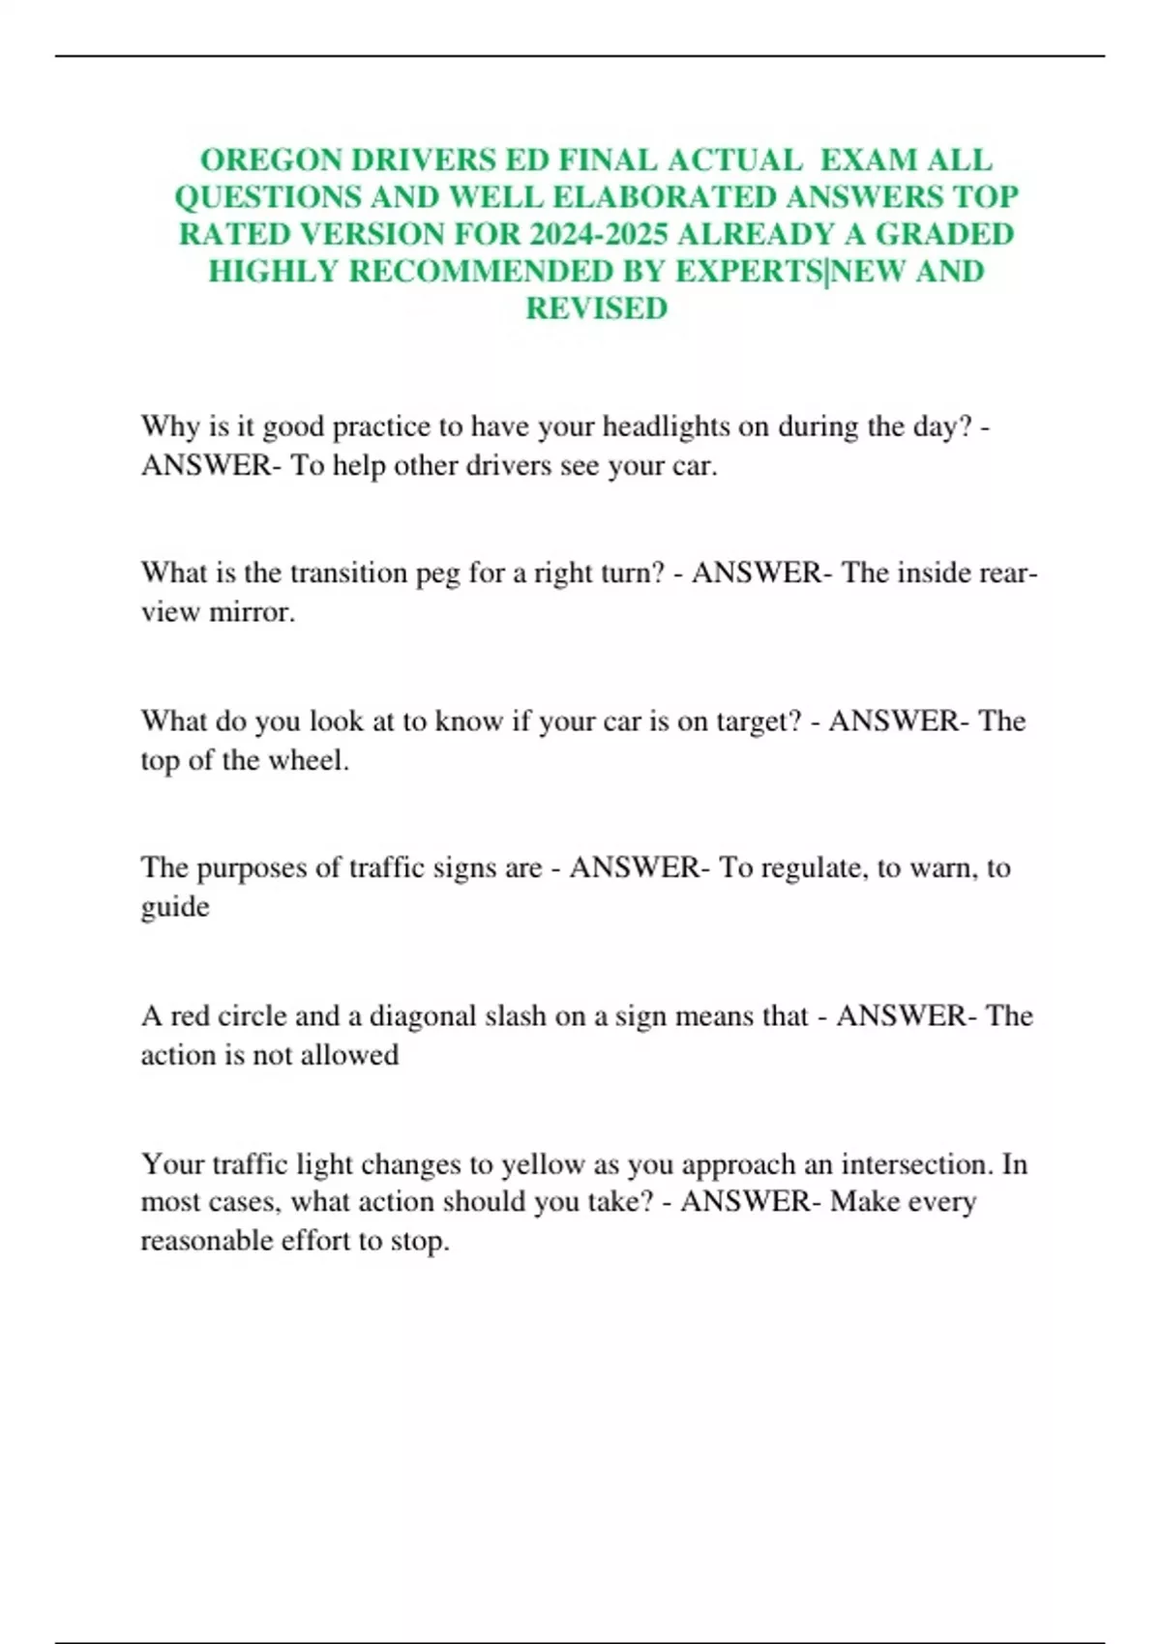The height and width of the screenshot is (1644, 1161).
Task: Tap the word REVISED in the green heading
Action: click(x=596, y=308)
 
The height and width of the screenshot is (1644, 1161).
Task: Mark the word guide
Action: click(x=175, y=907)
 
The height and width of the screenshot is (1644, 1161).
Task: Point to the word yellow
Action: click(x=542, y=1164)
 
